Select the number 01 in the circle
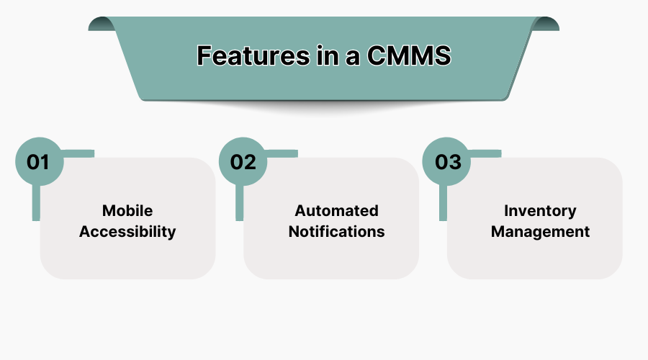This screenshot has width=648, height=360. [x=38, y=161]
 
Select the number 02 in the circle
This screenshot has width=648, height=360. [x=243, y=161]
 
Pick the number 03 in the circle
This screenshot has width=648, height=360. [x=447, y=161]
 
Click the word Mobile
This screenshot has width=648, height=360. [x=127, y=211]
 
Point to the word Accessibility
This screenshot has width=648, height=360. [x=127, y=232]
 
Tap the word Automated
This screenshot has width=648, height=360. [x=336, y=211]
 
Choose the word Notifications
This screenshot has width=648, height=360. [x=336, y=232]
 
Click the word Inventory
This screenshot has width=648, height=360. [x=540, y=211]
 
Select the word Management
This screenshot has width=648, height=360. [x=540, y=232]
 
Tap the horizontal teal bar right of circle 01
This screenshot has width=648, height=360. [x=79, y=153]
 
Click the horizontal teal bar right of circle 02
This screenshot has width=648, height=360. [x=283, y=153]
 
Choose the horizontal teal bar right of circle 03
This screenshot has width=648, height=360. [x=487, y=153]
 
